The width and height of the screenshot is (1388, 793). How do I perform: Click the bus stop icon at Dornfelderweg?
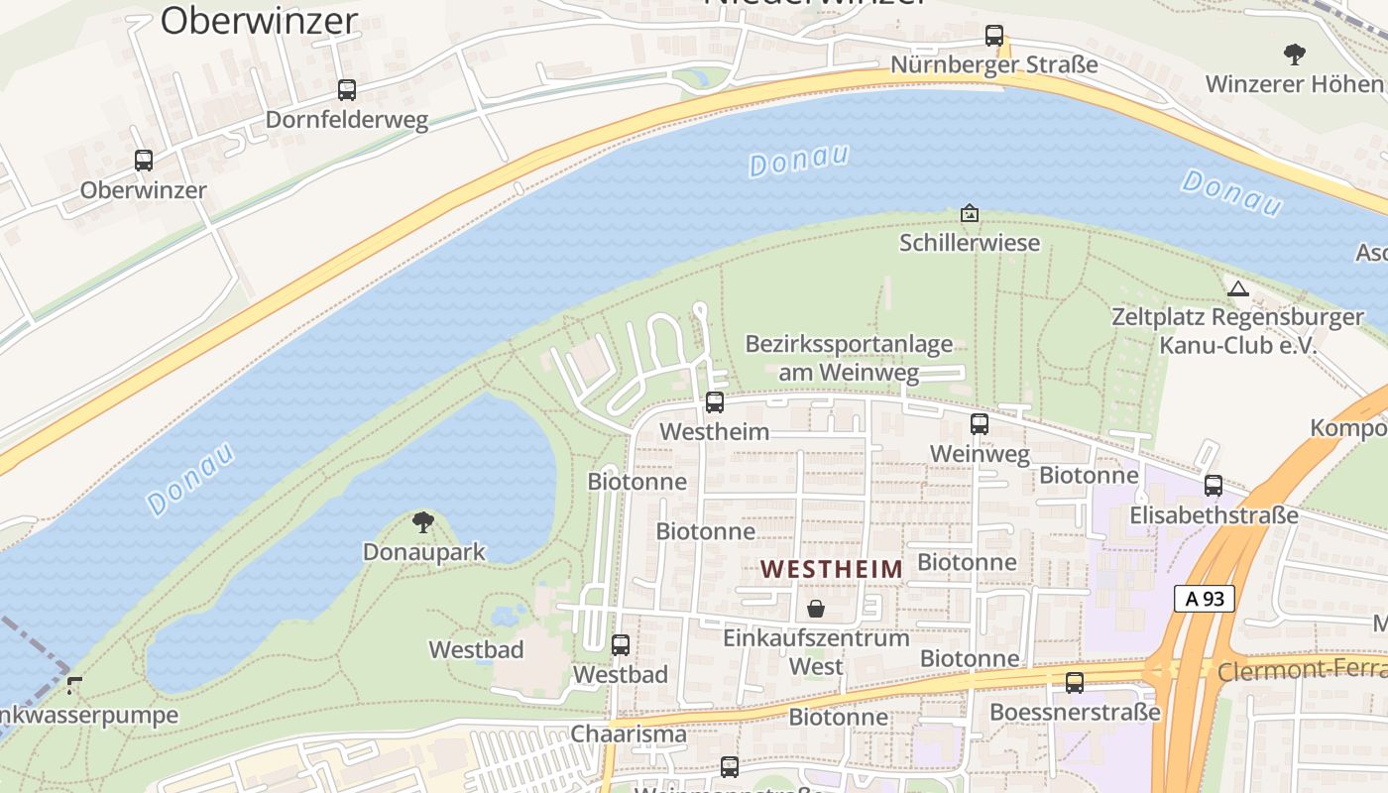pyautogui.click(x=347, y=90)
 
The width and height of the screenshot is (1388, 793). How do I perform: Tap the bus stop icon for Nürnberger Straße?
pyautogui.click(x=994, y=36)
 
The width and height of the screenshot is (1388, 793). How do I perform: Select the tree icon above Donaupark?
pyautogui.click(x=423, y=522)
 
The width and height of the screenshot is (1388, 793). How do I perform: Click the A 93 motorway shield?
pyautogui.click(x=1205, y=598)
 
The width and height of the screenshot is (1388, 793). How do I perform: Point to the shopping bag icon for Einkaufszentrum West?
pyautogui.click(x=815, y=608)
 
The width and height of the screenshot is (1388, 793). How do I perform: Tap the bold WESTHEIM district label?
pyautogui.click(x=832, y=569)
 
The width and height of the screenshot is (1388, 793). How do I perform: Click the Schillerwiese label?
pyautogui.click(x=970, y=243)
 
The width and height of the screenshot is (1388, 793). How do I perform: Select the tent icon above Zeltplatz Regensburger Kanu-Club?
pyautogui.click(x=1237, y=289)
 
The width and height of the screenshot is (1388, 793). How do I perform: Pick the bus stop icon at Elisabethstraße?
pyautogui.click(x=1214, y=486)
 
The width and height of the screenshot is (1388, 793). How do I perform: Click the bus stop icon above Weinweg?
pyautogui.click(x=980, y=424)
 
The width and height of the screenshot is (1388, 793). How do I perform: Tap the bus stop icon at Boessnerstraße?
pyautogui.click(x=1075, y=683)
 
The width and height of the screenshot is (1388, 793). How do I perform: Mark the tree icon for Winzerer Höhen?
pyautogui.click(x=1294, y=54)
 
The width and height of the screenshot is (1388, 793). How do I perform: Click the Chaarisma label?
pyautogui.click(x=629, y=735)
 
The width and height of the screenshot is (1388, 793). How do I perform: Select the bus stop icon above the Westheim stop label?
pyautogui.click(x=715, y=402)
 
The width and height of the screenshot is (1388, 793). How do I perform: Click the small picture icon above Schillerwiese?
pyautogui.click(x=970, y=213)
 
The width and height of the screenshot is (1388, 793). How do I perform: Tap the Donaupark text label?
pyautogui.click(x=424, y=552)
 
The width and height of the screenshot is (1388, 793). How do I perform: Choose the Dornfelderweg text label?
pyautogui.click(x=347, y=121)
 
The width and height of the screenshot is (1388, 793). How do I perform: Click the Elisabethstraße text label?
pyautogui.click(x=1214, y=515)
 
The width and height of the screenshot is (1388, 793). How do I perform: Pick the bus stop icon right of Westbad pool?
pyautogui.click(x=621, y=645)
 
